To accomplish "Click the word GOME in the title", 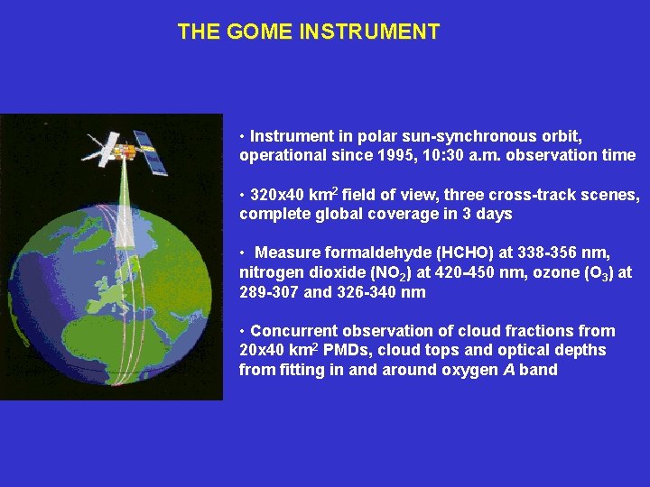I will click(252, 32).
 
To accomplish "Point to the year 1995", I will click(382, 155).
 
